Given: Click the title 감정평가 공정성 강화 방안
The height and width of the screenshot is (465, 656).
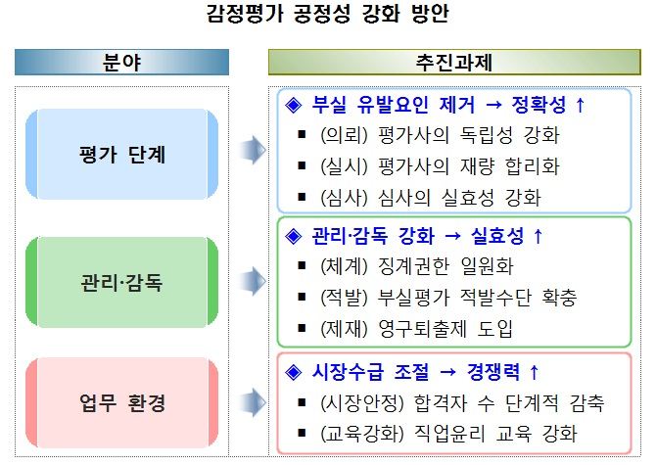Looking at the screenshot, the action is coord(328,14).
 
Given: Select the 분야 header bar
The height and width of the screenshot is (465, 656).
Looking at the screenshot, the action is coord(121,63).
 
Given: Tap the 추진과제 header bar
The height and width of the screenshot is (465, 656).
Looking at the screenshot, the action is coord(454,63).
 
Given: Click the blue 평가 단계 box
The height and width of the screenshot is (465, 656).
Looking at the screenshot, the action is coord(121,154).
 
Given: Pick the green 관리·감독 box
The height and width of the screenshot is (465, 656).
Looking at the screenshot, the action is coord(121,282).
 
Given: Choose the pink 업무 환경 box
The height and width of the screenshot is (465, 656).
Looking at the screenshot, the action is coord(121,402).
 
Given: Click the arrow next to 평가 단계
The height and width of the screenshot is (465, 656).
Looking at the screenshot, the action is coord(253,150).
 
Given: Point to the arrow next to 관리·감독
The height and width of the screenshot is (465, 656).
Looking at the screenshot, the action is coord(253,281).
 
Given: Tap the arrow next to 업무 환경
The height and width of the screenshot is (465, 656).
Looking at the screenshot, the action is coord(253,402).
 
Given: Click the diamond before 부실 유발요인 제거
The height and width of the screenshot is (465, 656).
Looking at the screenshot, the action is coord(294,105).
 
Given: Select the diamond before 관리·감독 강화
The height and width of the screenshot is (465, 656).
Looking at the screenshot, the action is coord(294,236).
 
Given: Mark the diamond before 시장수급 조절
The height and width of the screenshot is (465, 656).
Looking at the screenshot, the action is coord(294,372).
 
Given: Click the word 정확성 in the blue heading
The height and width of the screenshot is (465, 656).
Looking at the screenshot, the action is coord(539,105).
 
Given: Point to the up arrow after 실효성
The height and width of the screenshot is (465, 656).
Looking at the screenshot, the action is coord(539,236).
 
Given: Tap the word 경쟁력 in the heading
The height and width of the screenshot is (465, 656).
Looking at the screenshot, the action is coord(493,371).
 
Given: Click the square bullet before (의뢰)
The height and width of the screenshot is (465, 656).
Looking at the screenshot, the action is coord(302,135).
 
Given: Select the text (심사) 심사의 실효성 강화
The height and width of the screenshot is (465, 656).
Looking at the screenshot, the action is coord(431,198).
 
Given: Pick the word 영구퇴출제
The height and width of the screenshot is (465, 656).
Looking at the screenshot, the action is coord(422,329).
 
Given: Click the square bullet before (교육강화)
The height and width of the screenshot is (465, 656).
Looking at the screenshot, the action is coord(302,433).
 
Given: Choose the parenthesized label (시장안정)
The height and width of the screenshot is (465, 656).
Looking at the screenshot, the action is coord(362,402).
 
